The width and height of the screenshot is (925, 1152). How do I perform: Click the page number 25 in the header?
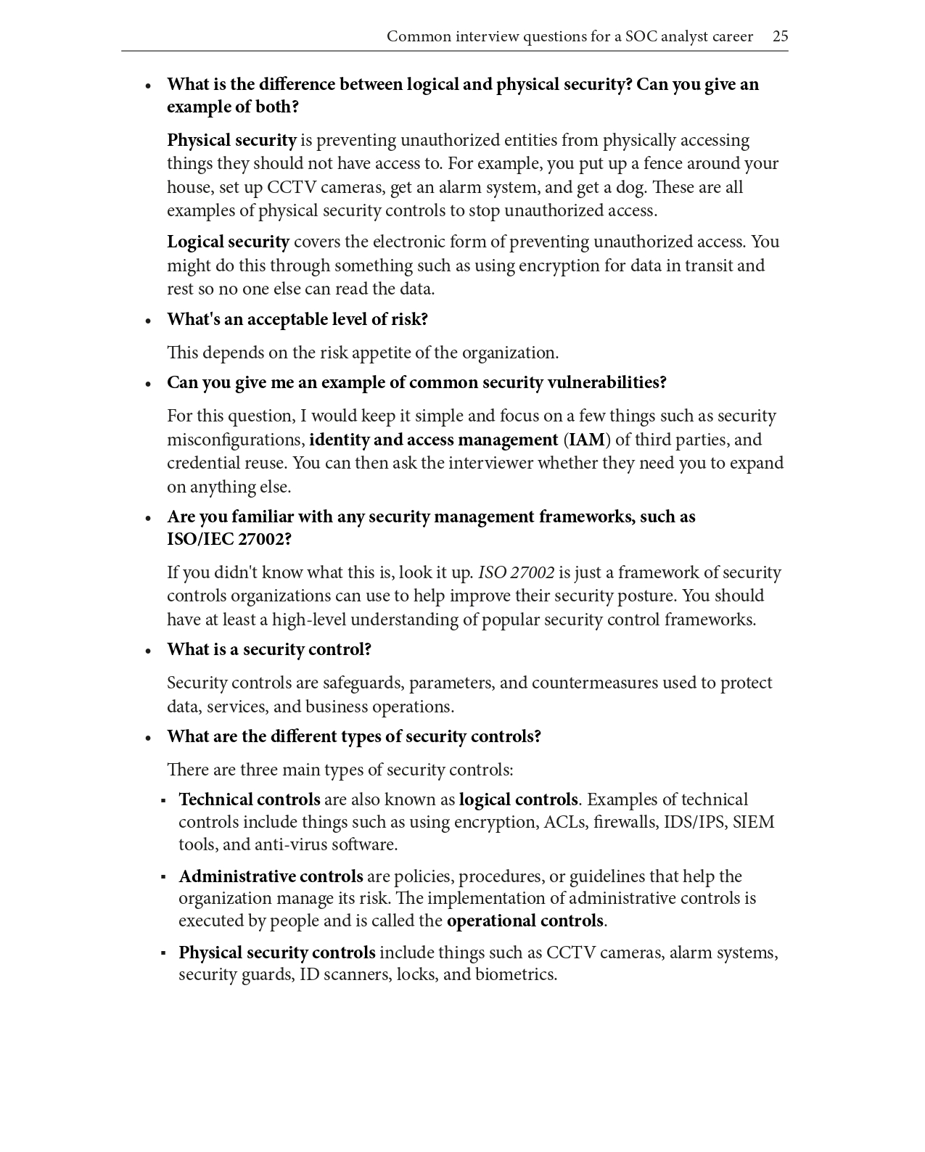tap(780, 36)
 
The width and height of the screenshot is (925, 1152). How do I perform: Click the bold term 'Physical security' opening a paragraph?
tap(231, 140)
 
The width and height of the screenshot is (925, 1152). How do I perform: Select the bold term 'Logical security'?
tap(228, 242)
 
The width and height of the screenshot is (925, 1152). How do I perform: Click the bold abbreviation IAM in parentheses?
tap(587, 440)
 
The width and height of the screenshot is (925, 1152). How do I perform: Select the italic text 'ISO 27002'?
tap(516, 572)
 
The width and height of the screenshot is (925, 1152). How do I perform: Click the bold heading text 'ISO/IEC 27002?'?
tap(229, 539)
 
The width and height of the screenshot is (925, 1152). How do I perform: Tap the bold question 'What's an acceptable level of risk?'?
tap(297, 319)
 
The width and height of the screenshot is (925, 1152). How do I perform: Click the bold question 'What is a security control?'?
tap(269, 649)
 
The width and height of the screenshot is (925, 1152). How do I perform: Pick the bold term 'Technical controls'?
tap(249, 799)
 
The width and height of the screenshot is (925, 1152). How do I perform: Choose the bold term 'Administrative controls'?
tap(271, 876)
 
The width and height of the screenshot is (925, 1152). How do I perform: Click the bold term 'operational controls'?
tap(525, 921)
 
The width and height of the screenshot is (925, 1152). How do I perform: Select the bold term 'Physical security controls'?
tap(277, 953)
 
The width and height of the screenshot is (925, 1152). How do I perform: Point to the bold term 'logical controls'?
tap(518, 799)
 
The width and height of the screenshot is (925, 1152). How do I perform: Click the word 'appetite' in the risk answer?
tap(380, 353)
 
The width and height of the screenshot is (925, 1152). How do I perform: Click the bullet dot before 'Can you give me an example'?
tap(148, 384)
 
